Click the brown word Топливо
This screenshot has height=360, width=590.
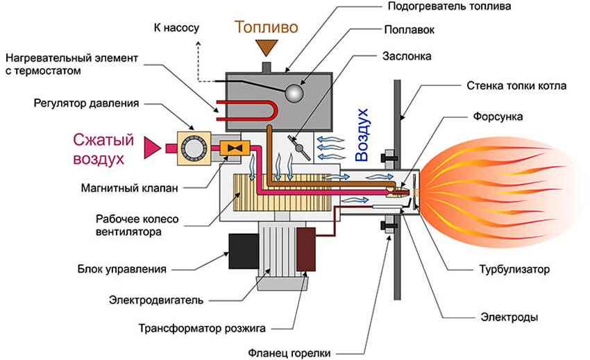coord(267,28)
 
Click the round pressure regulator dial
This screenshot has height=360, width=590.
coord(192,146)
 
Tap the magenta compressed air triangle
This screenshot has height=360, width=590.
coord(151,146)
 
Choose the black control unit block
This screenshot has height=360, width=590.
coord(244,250)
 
